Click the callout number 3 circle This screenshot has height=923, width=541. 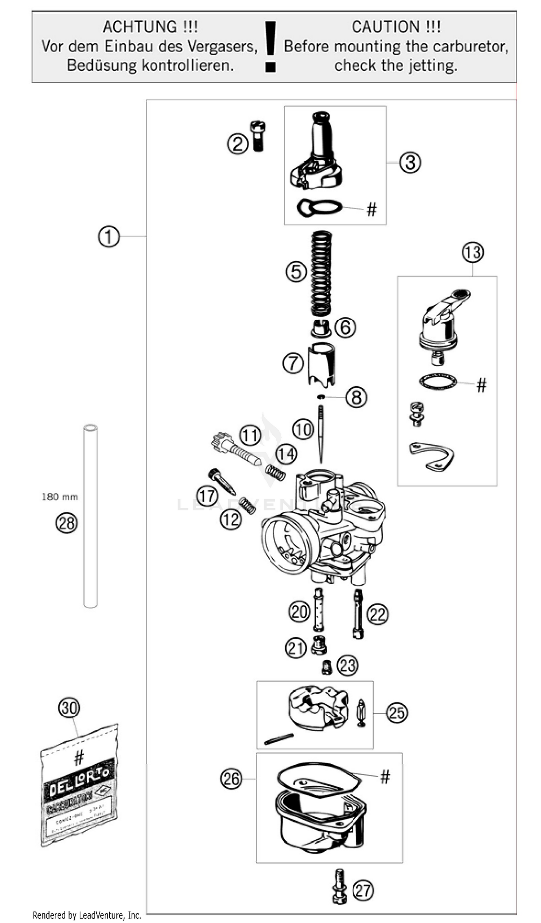tap(409, 162)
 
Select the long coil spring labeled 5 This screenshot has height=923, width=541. tap(321, 273)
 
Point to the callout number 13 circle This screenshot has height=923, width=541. tap(472, 252)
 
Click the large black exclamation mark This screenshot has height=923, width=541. tap(270, 46)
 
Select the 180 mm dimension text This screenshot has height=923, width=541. tap(60, 497)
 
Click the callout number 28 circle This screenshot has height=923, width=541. tap(66, 523)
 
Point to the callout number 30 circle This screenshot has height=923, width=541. tap(69, 708)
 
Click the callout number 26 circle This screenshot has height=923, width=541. tap(232, 778)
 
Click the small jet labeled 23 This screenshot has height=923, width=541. tap(326, 667)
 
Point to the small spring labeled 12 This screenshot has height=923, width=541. tap(248, 505)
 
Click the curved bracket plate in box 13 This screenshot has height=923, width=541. tap(432, 456)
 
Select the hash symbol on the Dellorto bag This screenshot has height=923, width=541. tap(79, 757)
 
